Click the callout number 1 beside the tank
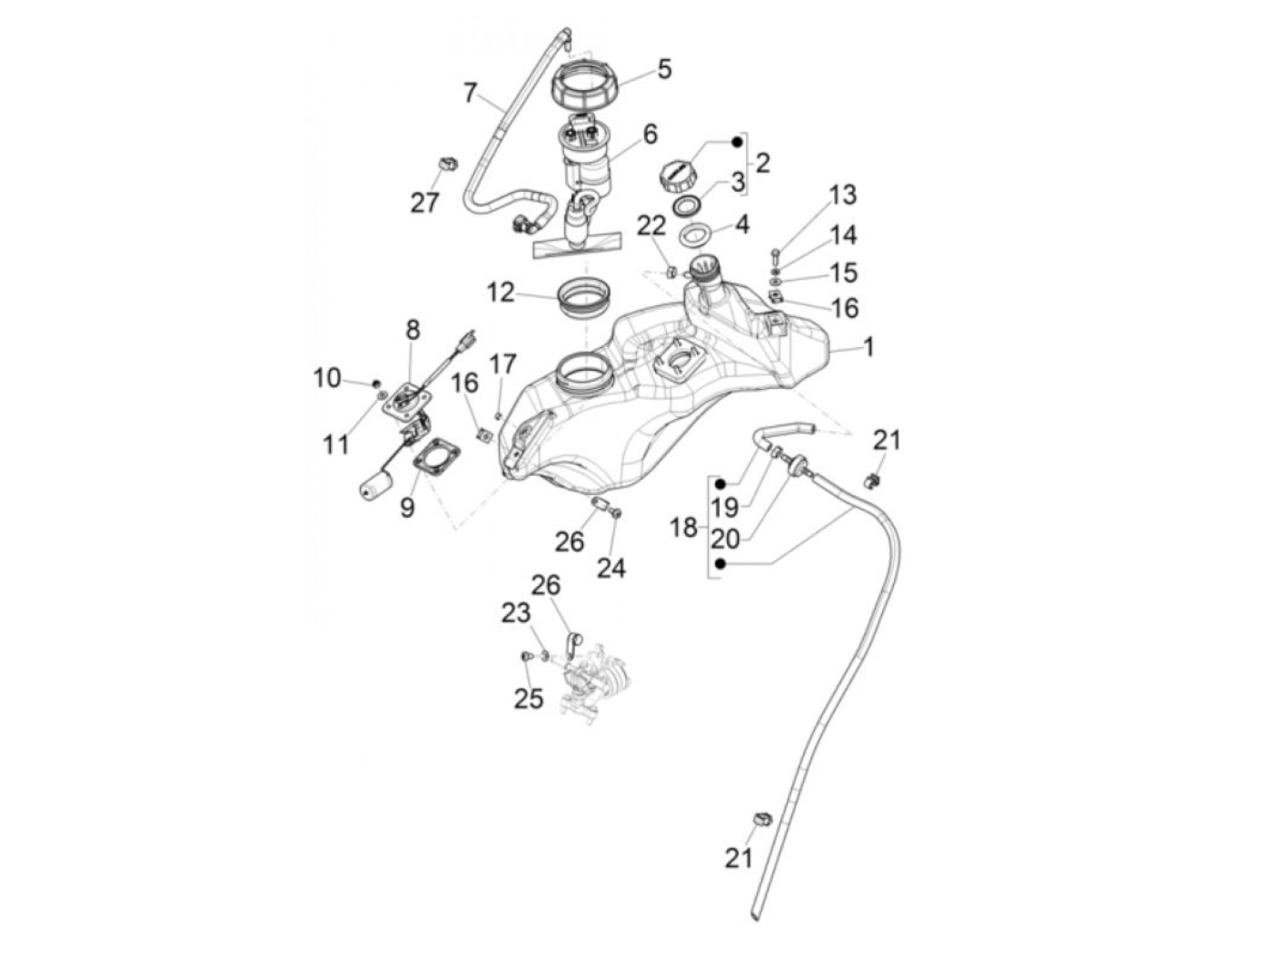click(x=869, y=346)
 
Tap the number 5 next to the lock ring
click(x=665, y=68)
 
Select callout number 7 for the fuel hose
click(x=470, y=93)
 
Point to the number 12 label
click(x=501, y=293)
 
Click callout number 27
click(x=424, y=202)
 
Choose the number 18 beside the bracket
click(x=683, y=526)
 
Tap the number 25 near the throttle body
click(x=529, y=698)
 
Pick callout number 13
click(x=842, y=194)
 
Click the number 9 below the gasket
click(x=407, y=506)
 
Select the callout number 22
click(x=651, y=226)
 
